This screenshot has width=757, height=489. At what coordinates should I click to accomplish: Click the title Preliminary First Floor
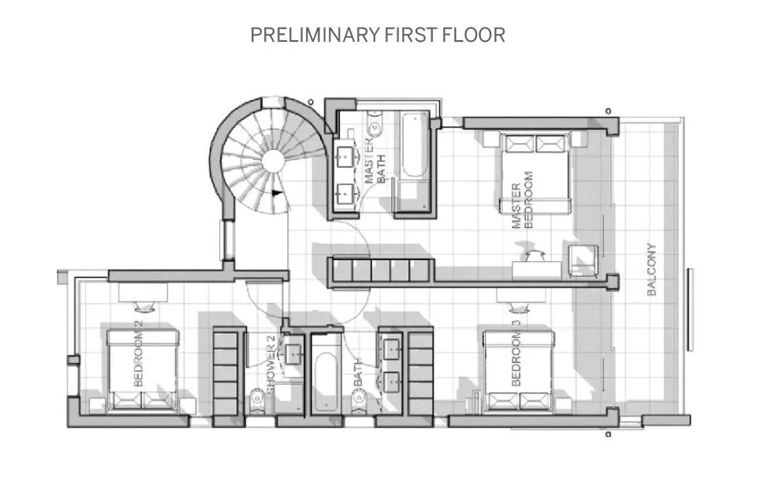[378, 35]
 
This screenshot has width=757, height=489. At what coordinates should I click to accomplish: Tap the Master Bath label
[375, 163]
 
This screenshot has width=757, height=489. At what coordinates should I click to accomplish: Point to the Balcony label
[651, 269]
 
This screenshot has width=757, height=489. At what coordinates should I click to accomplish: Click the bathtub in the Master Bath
[412, 147]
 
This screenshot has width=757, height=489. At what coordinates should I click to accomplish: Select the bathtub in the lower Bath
[326, 383]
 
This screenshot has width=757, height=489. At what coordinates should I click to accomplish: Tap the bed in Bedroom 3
[520, 371]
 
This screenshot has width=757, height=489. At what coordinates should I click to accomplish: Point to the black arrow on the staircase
[276, 191]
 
